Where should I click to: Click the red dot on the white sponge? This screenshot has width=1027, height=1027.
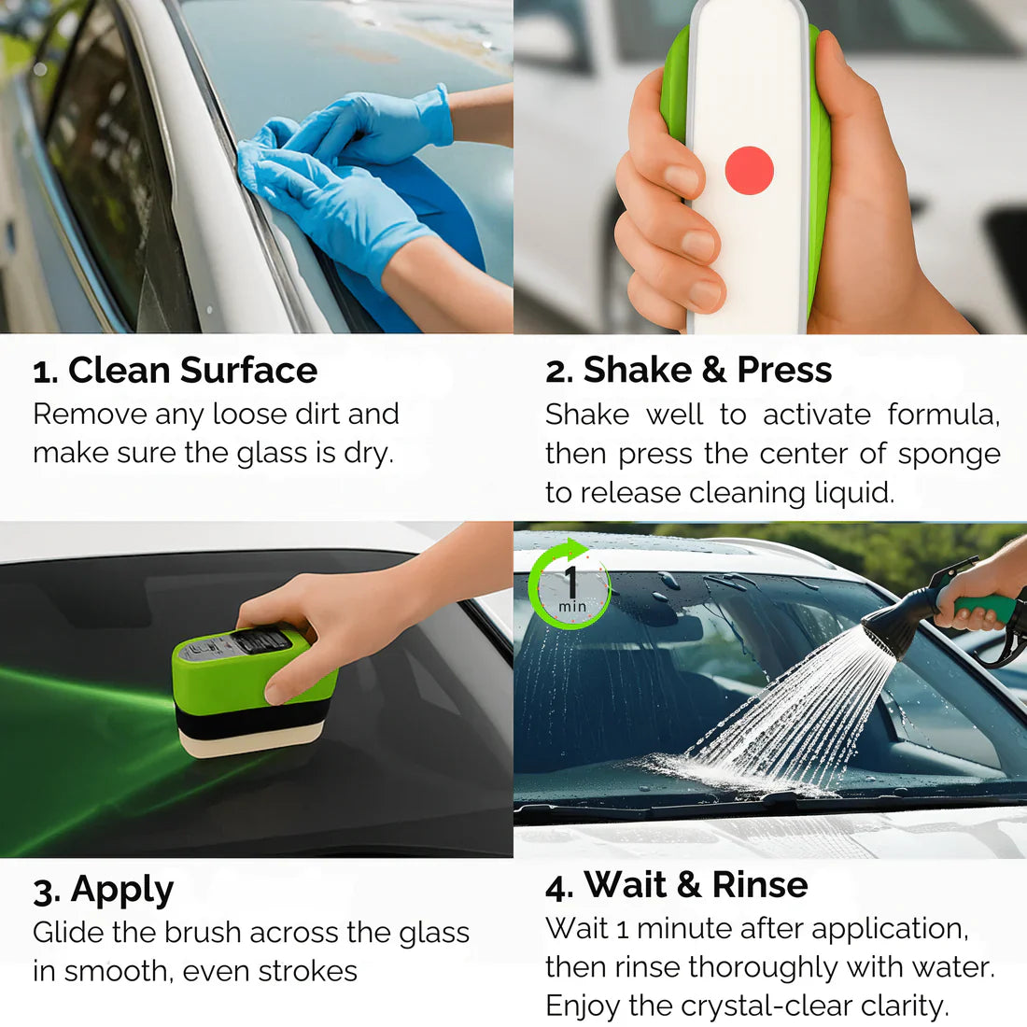tap(750, 170)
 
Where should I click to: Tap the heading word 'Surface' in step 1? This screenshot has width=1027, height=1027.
tap(249, 370)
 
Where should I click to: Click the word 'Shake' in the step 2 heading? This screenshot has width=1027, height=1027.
tap(638, 370)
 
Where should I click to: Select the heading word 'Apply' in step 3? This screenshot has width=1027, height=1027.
tap(122, 891)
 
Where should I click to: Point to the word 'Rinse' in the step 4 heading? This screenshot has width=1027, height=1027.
tap(760, 884)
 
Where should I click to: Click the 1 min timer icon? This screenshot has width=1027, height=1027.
tap(570, 584)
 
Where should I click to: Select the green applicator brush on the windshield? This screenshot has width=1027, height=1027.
tap(254, 690)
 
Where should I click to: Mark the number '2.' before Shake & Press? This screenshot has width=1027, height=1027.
tap(559, 372)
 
